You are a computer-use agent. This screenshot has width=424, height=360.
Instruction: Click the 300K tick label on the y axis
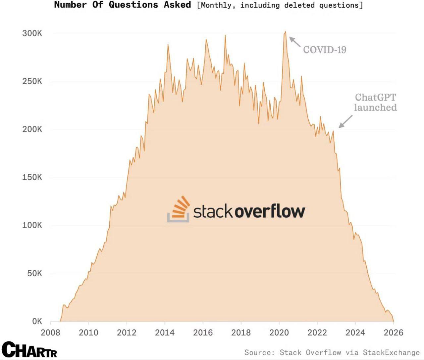pos(32,33)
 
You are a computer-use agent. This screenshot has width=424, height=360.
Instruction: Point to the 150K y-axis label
pos(32,177)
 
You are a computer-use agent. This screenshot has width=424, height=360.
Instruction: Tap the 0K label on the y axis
pos(37,321)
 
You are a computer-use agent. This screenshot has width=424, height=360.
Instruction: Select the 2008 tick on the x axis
pos(50,333)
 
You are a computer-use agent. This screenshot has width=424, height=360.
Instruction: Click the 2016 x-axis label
pos(203,333)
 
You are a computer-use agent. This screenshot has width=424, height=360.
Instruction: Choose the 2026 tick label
pos(393,333)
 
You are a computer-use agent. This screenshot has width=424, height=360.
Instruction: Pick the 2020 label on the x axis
pos(279,333)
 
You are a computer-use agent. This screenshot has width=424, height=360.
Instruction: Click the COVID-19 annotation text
pos(325,50)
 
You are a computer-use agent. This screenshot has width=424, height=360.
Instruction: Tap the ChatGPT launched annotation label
pos(375,102)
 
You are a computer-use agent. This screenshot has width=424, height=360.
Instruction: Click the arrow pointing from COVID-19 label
pos(295,42)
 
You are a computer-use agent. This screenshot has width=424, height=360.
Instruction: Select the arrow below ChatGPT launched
pos(345,121)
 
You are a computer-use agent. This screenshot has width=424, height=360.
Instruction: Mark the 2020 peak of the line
pos(285,32)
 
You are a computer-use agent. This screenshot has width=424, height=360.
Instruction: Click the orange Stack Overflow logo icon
pos(179,209)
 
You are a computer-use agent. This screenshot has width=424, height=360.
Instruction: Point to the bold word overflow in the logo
pos(270,211)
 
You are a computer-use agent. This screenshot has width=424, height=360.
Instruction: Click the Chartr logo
pos(29,350)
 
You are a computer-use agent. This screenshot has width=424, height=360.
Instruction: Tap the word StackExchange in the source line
pos(391,353)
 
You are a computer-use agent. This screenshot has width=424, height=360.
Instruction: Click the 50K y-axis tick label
pos(34,273)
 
